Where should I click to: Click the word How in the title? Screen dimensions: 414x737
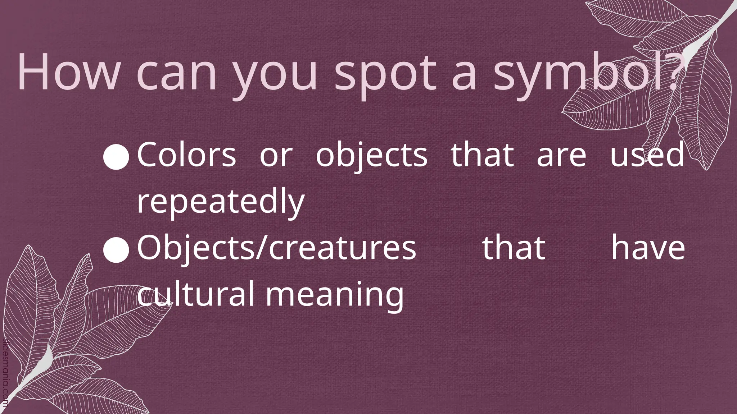(68, 73)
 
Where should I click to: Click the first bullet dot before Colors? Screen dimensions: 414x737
(116, 157)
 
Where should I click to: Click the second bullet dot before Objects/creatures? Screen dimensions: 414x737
(116, 250)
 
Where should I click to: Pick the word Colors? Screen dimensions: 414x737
(186, 155)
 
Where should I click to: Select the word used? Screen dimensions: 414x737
(647, 155)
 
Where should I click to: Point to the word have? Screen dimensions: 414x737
(648, 248)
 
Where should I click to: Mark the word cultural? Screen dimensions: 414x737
(196, 294)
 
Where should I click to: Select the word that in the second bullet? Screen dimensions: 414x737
(514, 248)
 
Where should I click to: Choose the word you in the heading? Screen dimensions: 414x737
(275, 75)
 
